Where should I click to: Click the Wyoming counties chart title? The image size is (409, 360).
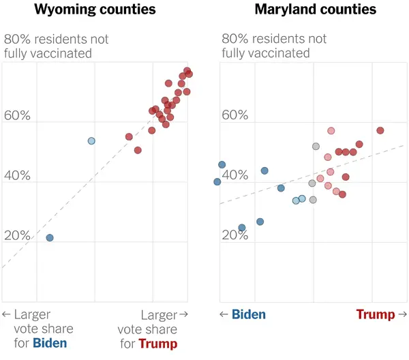click(95, 10)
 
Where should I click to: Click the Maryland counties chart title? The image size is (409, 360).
click(316, 10)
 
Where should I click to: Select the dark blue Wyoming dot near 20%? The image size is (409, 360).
click(50, 238)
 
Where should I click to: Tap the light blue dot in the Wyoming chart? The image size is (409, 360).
click(91, 140)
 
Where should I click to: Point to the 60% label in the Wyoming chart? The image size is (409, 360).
click(17, 116)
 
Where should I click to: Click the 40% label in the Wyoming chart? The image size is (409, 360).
click(17, 176)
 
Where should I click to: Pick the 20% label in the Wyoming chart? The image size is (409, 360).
click(17, 236)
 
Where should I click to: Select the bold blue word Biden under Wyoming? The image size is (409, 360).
click(50, 343)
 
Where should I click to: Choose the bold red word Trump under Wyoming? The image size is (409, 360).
click(157, 343)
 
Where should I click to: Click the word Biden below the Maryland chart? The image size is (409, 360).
click(249, 314)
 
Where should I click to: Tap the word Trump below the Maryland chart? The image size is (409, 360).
click(376, 314)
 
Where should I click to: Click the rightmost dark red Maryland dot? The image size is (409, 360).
click(380, 130)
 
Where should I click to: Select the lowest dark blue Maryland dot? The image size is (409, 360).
click(241, 228)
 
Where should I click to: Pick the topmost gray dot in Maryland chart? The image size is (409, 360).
click(316, 146)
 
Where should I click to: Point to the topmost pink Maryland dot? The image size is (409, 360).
click(331, 131)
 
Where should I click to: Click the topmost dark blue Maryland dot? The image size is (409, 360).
click(222, 164)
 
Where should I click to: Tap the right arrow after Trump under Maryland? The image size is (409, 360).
click(402, 314)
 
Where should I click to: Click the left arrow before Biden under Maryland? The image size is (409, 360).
click(224, 314)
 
